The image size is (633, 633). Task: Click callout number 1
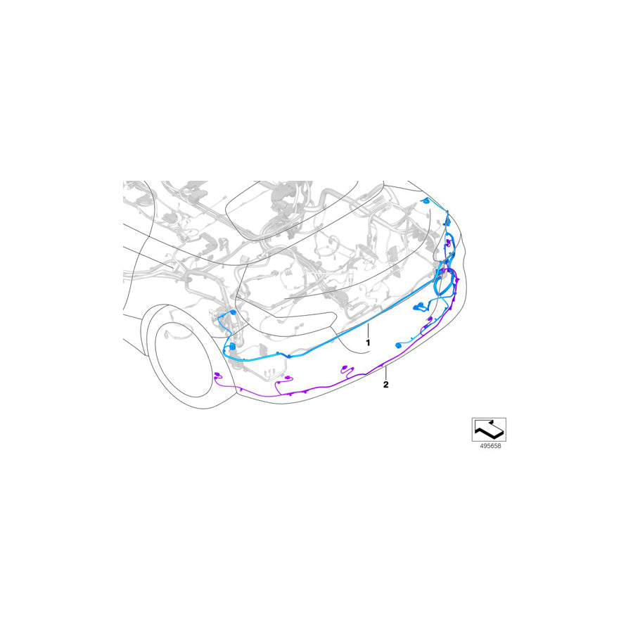368,343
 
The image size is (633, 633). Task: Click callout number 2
386,384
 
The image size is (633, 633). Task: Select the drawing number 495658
490,446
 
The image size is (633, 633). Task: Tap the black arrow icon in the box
489,430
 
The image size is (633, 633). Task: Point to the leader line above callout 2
386,372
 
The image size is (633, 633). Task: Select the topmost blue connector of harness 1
425,200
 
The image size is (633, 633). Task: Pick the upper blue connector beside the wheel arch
233,313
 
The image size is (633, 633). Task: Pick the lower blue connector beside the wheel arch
232,346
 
